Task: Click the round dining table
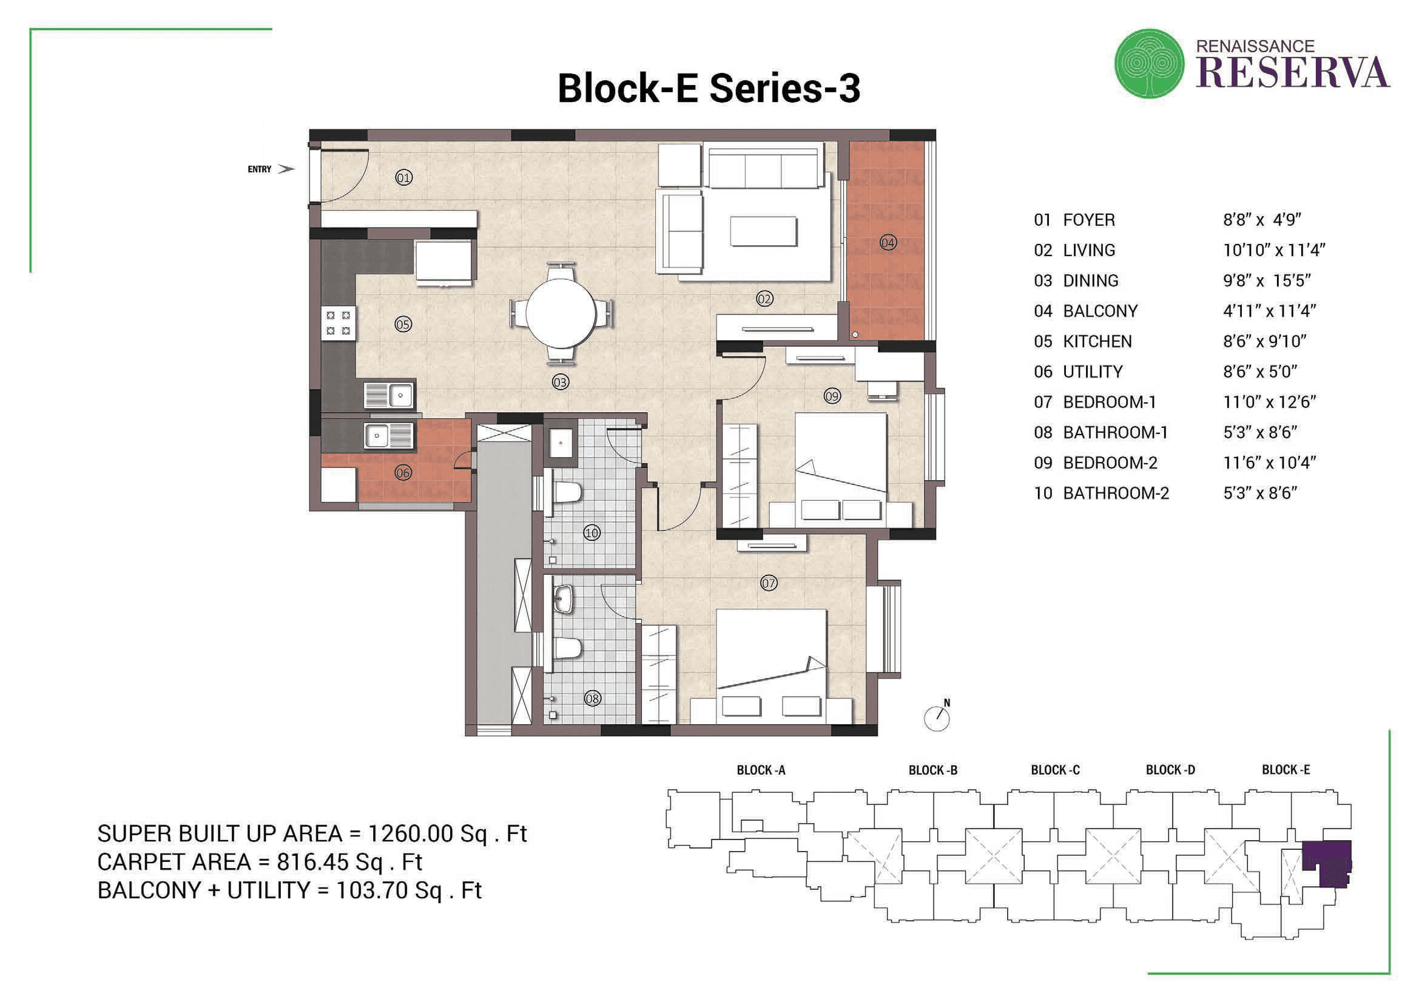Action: click(561, 313)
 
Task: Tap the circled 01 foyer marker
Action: click(403, 178)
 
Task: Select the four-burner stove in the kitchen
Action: click(338, 323)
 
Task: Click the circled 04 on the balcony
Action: click(888, 242)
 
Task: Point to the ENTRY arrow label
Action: click(269, 169)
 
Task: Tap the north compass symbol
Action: click(937, 717)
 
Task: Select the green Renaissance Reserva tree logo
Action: click(1149, 64)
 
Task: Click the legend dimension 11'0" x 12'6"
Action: click(1269, 402)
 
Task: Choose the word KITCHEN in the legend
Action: click(1097, 341)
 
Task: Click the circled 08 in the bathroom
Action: click(592, 699)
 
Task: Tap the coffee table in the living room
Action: click(763, 231)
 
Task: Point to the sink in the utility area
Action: click(388, 435)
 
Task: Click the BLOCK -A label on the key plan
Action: click(761, 770)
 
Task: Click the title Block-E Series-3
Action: click(709, 89)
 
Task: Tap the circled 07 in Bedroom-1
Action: click(768, 582)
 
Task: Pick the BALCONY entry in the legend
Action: click(1099, 311)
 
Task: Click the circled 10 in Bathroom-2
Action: click(592, 532)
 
